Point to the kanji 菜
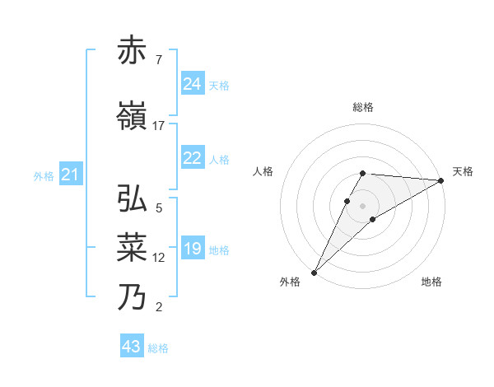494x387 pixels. [133, 247]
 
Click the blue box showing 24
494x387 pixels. [193, 84]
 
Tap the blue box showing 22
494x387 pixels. [193, 158]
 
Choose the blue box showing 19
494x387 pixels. [193, 249]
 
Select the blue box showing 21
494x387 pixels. [70, 175]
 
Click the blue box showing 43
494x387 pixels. [132, 347]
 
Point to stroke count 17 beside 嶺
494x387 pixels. [159, 126]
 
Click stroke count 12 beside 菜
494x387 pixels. [159, 258]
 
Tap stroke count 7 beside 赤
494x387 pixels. [159, 60]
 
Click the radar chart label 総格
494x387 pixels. [363, 107]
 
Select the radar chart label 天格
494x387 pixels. [464, 171]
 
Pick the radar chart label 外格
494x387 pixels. [290, 282]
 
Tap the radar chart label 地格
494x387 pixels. [431, 282]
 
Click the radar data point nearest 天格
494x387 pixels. [441, 180]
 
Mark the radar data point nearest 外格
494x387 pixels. [314, 272]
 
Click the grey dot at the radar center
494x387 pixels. [363, 205]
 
